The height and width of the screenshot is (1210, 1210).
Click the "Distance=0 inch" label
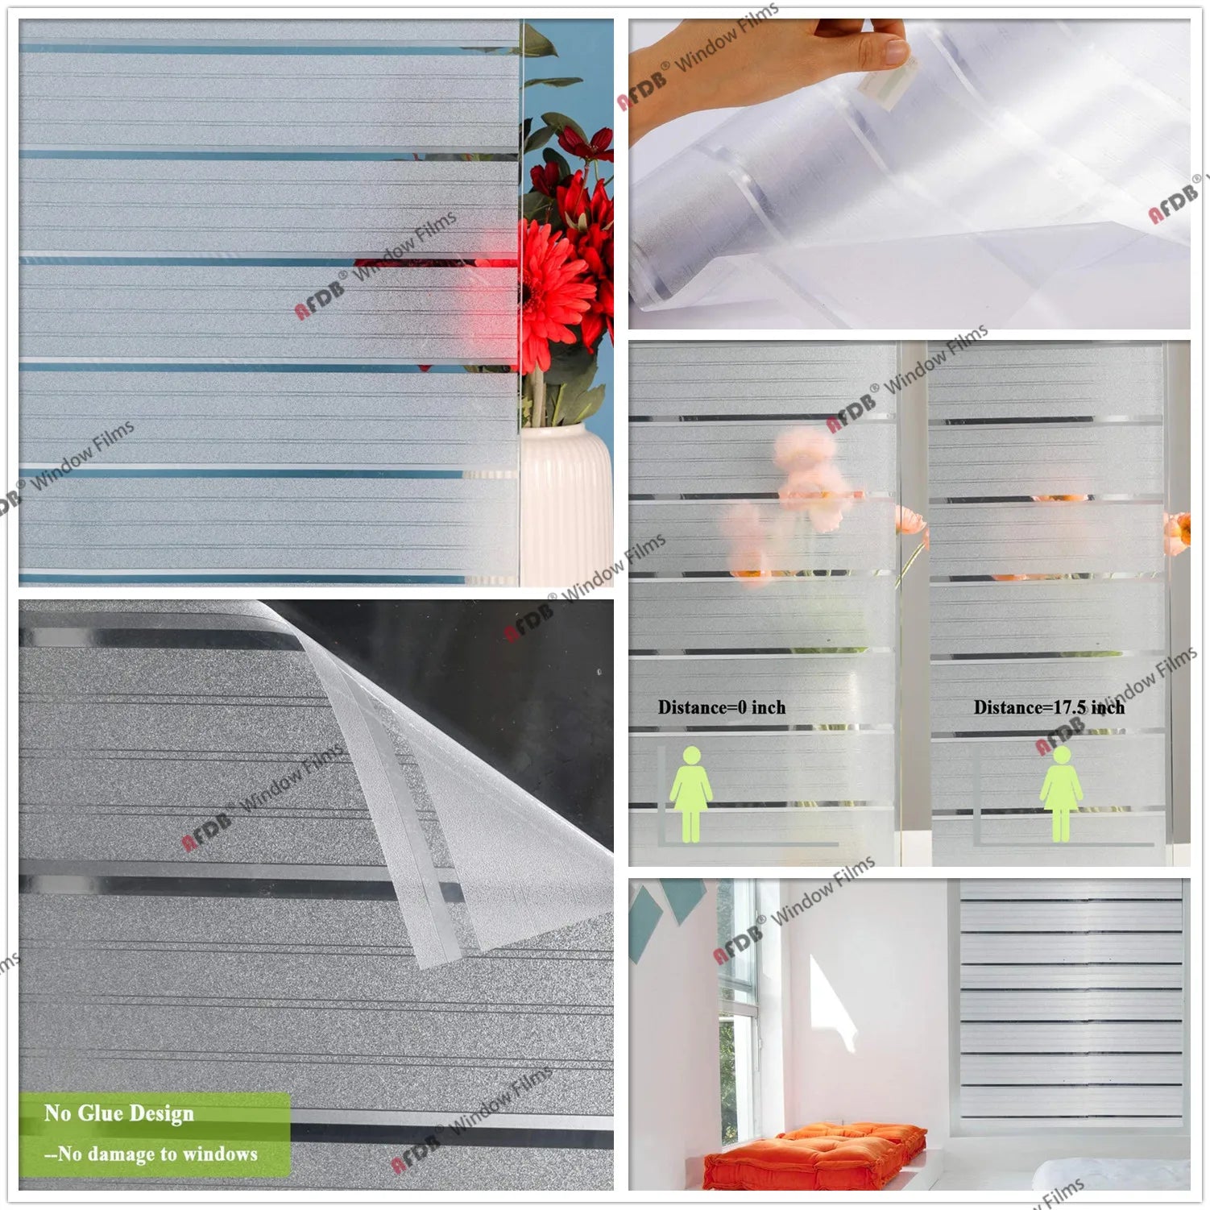coord(721,707)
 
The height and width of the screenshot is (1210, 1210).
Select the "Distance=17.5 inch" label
coord(1048,707)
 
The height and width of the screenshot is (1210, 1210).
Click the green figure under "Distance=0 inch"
coord(691,794)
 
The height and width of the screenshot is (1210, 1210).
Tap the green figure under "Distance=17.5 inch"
coord(1061,794)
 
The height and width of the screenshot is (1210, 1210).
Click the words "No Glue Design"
coord(118,1113)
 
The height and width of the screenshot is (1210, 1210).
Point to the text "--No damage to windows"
coord(151,1154)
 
